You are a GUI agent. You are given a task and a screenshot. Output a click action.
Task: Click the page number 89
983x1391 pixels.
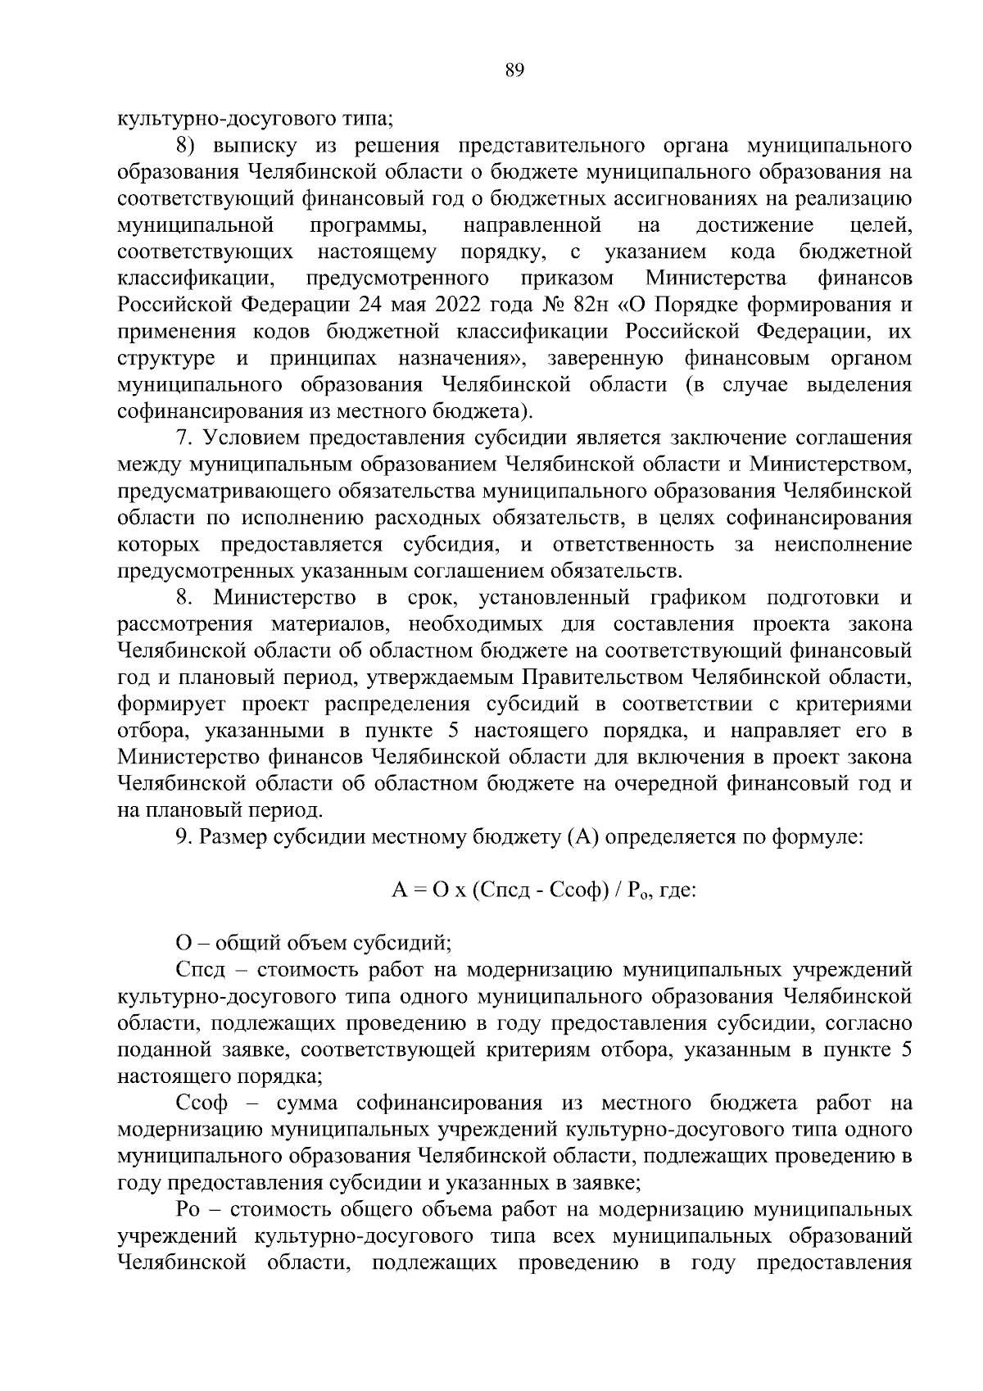(x=514, y=71)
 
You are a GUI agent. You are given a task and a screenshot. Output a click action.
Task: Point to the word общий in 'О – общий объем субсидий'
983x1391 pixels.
(x=238, y=944)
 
